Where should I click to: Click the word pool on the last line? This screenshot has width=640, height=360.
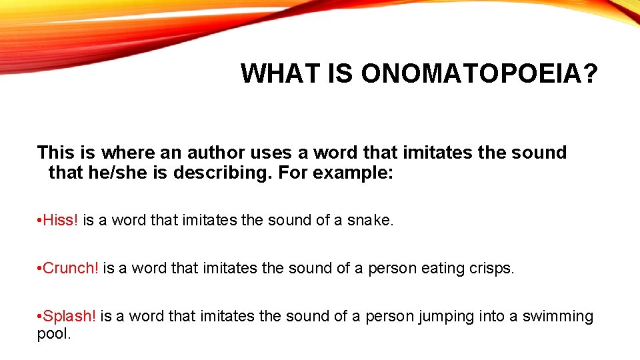(53, 333)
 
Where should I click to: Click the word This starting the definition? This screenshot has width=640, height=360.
(55, 153)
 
